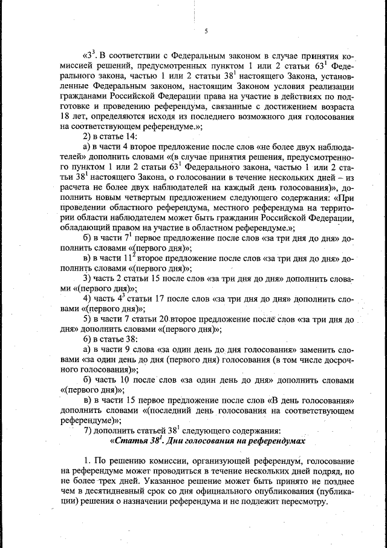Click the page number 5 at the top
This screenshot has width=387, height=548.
click(206, 31)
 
